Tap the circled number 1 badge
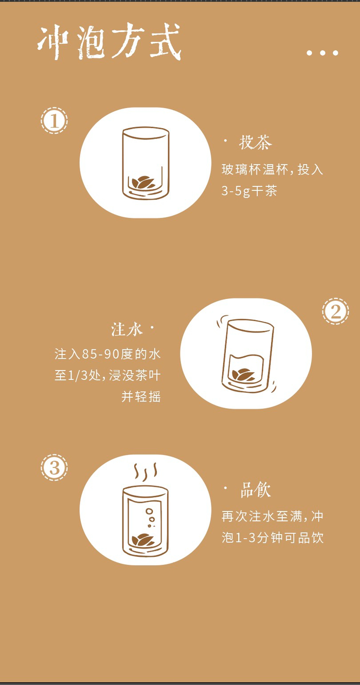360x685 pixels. coord(55,120)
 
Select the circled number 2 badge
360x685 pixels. coord(335,311)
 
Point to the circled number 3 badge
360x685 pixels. coord(55,468)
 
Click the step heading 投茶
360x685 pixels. coord(255,142)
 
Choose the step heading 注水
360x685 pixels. coord(127,330)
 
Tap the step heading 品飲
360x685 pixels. coord(256,490)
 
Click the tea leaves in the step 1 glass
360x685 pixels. coord(143,183)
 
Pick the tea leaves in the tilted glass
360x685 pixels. coord(243,375)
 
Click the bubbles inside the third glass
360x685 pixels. coord(150,517)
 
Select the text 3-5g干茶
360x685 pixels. coord(249,191)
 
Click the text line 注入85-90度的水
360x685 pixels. coord(107,354)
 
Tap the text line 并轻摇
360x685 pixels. coord(141,397)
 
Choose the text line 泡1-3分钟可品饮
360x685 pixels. coord(272,538)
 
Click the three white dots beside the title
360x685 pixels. coord(322,53)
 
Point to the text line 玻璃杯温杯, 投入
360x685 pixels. coord(272,169)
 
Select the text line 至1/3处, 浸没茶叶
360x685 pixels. coord(107,376)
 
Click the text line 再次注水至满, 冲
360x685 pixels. coord(272,517)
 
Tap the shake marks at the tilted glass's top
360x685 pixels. coord(222,321)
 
